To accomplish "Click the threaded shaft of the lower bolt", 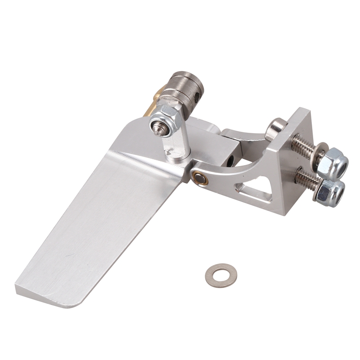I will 307,179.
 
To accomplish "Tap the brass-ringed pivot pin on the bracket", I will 199,178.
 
